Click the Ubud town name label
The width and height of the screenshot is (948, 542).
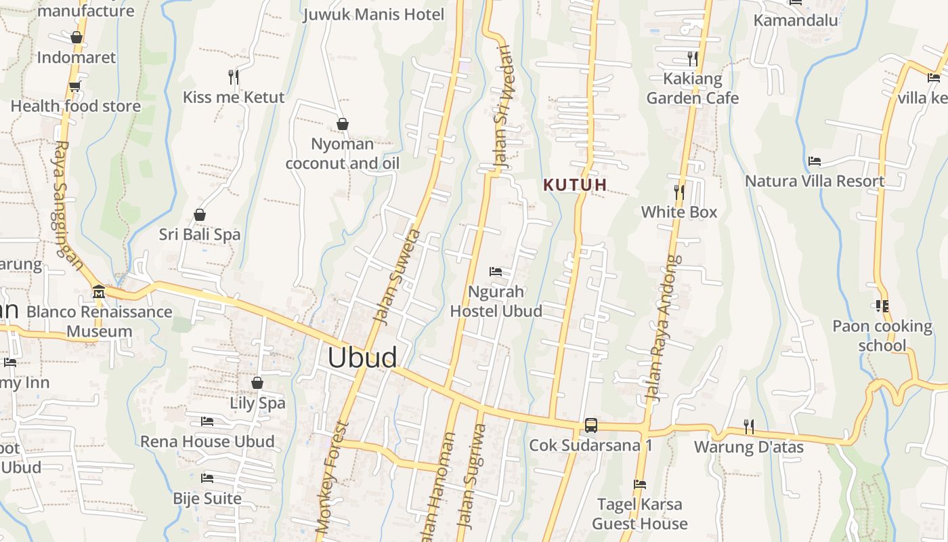pos(362,358)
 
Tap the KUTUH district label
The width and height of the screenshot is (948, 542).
pos(575,184)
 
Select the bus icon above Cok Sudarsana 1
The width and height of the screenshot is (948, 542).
pos(591,425)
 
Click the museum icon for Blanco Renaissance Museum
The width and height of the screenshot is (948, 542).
pos(99,292)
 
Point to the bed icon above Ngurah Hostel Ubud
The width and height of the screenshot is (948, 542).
pos(496,272)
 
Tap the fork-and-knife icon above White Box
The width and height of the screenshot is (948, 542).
pos(679,192)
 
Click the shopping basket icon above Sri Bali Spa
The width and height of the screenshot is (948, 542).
pos(200,215)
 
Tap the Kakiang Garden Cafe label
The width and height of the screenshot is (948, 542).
pos(692,88)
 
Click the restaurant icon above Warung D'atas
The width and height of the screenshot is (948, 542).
pos(748,427)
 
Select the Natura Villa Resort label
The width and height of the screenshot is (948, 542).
pos(815,181)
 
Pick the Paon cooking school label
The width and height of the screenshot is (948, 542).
pos(882,335)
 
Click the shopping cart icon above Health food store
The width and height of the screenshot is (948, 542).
pos(74,87)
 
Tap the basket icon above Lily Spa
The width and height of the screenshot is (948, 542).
pos(257,383)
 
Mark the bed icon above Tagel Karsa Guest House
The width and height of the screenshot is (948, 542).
pos(640,484)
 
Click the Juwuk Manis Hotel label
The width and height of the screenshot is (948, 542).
pos(374,14)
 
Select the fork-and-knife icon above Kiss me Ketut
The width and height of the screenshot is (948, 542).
pos(234,77)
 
